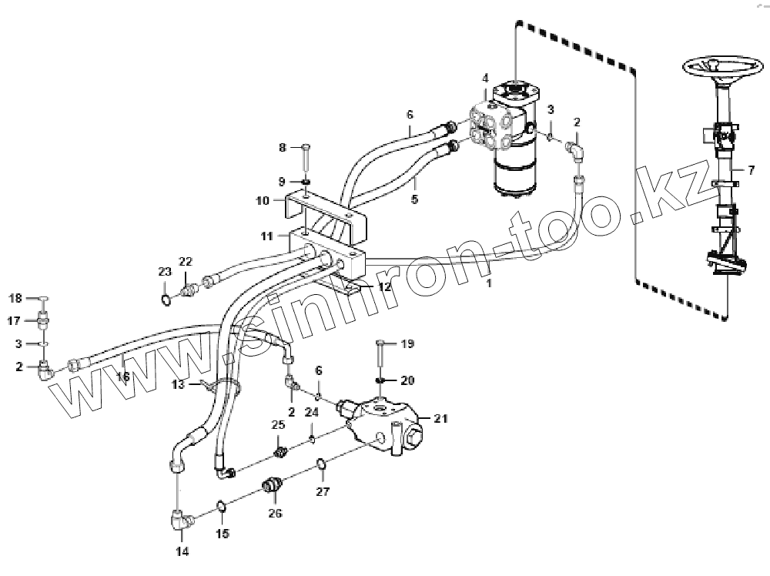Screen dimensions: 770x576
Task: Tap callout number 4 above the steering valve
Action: click(x=485, y=78)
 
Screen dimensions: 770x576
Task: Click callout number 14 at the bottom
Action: click(x=182, y=551)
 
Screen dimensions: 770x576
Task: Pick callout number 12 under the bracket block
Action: click(x=383, y=286)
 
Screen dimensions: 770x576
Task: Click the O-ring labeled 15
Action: click(x=220, y=506)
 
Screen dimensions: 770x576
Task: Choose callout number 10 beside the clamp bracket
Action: click(x=262, y=199)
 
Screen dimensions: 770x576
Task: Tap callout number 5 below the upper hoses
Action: click(x=414, y=199)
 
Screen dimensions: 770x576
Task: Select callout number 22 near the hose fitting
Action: click(x=185, y=263)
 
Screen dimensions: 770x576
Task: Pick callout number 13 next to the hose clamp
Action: click(x=179, y=383)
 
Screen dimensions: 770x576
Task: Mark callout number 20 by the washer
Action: click(x=407, y=380)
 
